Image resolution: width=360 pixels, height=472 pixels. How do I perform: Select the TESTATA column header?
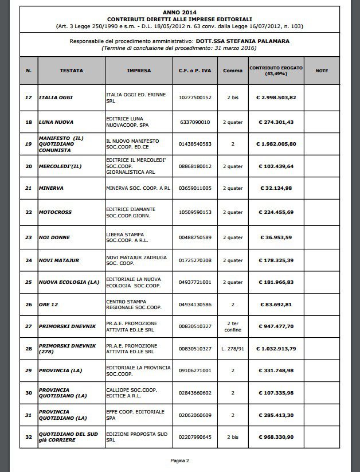[71, 71]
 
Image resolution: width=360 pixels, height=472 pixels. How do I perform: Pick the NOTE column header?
[322, 71]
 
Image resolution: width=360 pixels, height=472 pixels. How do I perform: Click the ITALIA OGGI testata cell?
[56, 97]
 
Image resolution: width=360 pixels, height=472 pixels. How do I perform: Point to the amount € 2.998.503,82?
[275, 97]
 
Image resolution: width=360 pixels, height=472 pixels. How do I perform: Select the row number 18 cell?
[29, 122]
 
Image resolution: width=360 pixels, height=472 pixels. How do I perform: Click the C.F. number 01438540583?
[195, 144]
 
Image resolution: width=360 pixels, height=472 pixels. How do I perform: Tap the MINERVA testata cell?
[51, 188]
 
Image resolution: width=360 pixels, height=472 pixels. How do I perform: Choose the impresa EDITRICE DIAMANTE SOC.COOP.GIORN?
[134, 212]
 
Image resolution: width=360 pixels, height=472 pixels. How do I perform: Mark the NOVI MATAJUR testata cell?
[58, 260]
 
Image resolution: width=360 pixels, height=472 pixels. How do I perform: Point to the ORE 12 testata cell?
[49, 304]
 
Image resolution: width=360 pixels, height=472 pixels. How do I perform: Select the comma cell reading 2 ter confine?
[232, 326]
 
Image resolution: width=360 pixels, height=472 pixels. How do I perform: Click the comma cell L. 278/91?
[232, 348]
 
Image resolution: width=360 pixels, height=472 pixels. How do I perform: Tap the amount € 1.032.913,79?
[275, 348]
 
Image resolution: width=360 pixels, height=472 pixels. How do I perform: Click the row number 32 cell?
[29, 438]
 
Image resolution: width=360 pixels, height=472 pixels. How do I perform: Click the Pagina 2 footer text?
[179, 460]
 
